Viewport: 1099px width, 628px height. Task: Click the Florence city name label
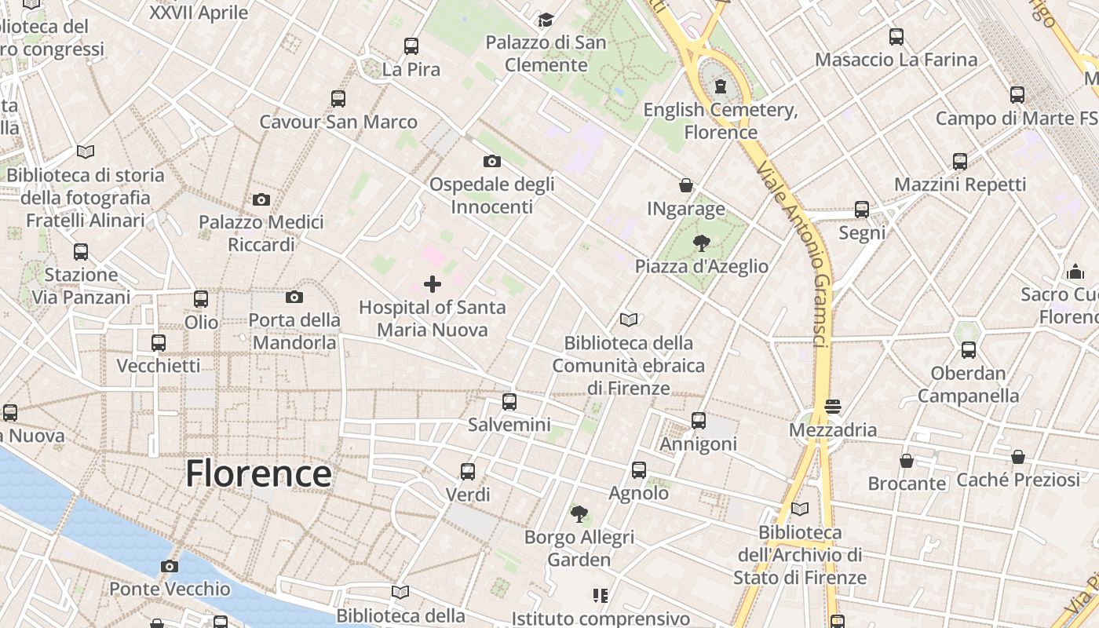[258, 474]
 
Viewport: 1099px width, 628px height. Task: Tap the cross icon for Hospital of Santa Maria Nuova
[432, 284]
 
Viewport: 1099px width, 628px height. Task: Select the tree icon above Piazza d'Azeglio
[701, 243]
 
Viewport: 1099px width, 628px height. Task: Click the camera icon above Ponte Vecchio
[169, 566]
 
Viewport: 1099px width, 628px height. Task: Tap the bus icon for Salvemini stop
[509, 402]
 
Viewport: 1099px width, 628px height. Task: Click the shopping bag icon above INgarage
[686, 185]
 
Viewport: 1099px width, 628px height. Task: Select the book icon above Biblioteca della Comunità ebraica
[628, 319]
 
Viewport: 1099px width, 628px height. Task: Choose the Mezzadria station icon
[833, 407]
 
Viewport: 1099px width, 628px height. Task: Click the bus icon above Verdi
[468, 472]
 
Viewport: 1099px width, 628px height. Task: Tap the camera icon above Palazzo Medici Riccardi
[261, 199]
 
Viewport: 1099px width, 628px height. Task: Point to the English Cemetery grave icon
[721, 86]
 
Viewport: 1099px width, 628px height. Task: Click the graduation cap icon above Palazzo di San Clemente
[546, 20]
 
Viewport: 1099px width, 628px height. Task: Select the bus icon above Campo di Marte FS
[1017, 95]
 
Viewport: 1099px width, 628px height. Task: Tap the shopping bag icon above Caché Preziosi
[1018, 457]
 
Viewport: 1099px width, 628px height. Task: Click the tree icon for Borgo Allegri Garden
[579, 514]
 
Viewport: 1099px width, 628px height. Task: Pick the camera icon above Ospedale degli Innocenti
[492, 162]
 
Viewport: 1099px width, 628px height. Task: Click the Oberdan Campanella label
[968, 384]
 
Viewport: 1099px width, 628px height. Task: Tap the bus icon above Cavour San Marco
[338, 99]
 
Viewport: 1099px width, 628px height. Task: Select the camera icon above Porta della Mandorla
[294, 297]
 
